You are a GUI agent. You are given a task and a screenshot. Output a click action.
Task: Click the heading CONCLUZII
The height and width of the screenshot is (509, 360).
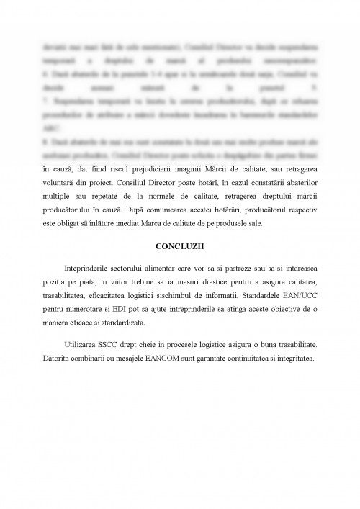(179, 246)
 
